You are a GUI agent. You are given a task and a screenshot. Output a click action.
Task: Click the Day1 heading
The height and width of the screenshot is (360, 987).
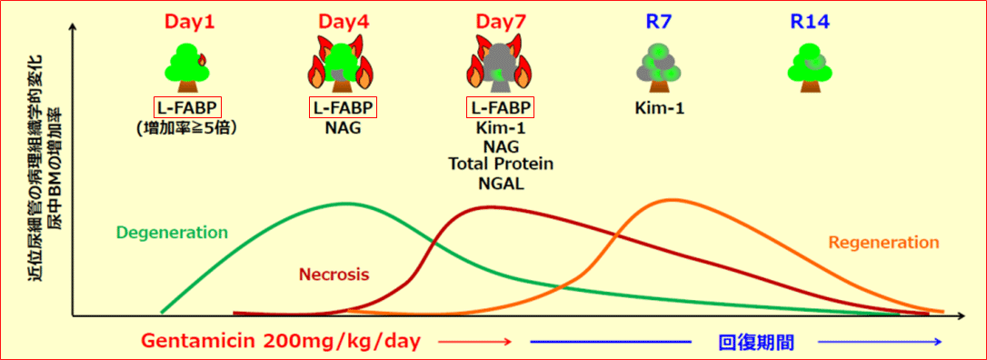click(x=189, y=22)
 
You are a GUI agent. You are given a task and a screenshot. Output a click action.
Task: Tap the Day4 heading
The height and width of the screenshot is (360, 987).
click(x=344, y=22)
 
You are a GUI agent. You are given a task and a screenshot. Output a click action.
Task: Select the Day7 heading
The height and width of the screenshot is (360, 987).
click(x=501, y=22)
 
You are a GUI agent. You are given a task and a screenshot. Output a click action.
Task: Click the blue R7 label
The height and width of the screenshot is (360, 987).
click(x=658, y=22)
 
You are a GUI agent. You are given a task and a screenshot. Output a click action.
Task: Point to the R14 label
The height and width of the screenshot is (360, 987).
click(x=810, y=22)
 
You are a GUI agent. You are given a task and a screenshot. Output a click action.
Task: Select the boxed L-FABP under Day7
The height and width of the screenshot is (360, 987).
click(x=501, y=107)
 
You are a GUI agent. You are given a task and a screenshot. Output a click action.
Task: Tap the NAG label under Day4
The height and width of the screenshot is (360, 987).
click(x=344, y=128)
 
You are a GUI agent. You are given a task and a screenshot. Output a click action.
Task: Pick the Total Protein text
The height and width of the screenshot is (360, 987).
click(x=501, y=165)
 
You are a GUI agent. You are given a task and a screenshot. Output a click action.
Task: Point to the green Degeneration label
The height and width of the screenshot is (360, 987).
click(x=172, y=233)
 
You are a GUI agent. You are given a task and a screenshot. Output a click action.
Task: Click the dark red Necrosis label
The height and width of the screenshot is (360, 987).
click(x=334, y=274)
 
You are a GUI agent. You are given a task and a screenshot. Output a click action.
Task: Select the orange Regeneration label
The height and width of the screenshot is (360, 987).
click(x=883, y=243)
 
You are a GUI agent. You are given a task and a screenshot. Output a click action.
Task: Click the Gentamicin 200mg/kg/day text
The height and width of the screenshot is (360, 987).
click(x=280, y=342)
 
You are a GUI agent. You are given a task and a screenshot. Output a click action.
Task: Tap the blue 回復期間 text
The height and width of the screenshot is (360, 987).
click(x=756, y=343)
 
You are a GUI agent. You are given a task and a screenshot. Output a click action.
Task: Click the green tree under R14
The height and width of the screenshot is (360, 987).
click(x=810, y=68)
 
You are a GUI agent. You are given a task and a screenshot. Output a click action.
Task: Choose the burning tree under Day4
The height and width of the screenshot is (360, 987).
click(x=343, y=60)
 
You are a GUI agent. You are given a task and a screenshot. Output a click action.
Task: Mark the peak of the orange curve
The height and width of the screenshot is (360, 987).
click(x=673, y=199)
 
